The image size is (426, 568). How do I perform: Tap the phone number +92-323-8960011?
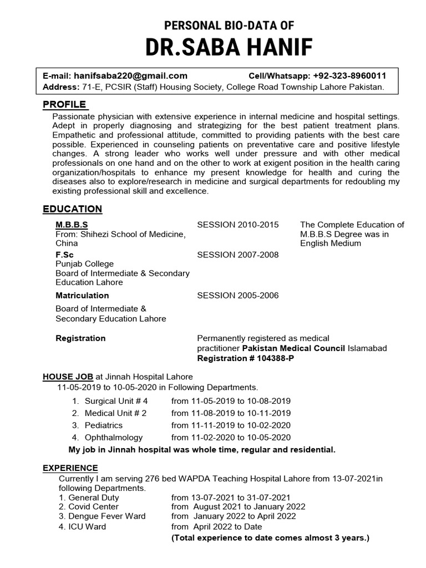[349, 76]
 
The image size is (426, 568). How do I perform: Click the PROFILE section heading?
[64, 104]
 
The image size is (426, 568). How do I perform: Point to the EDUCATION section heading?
[72, 209]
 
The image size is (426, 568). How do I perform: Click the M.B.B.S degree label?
[72, 225]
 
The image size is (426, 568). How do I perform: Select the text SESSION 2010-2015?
[238, 225]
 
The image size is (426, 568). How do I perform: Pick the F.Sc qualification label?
[64, 255]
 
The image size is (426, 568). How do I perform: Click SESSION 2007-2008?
[238, 255]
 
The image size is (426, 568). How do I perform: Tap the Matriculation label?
[82, 295]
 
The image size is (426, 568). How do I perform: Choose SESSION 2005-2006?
[238, 295]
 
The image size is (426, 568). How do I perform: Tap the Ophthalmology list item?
[114, 437]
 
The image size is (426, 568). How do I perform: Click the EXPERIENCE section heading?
[70, 468]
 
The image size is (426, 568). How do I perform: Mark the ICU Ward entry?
[82, 526]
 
